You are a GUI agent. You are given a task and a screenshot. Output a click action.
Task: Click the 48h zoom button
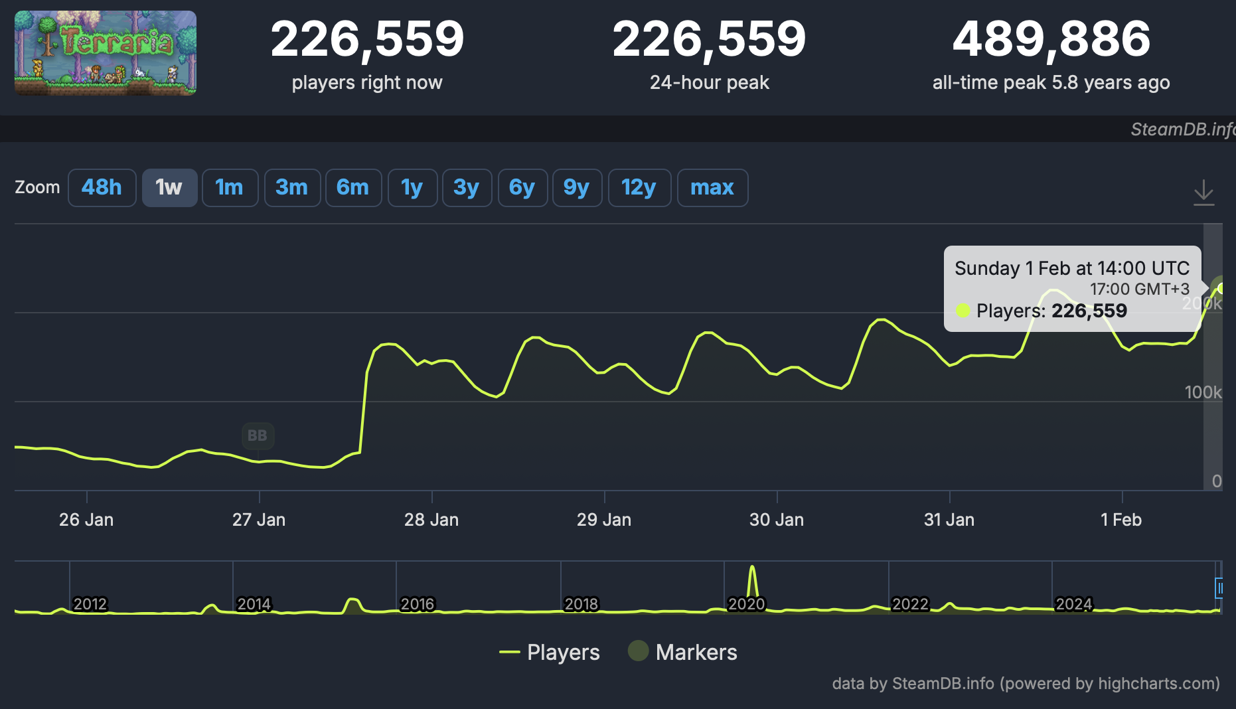tap(102, 188)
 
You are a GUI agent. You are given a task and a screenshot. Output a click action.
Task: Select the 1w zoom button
tap(169, 188)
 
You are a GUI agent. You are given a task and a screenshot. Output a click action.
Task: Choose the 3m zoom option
tap(292, 188)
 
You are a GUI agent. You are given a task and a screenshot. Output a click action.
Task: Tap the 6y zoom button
tap(522, 188)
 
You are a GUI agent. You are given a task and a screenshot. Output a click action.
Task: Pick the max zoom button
tap(712, 188)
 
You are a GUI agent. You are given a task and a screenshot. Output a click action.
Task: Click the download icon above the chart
tap(1203, 193)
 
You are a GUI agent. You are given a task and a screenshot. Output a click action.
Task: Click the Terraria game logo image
tap(106, 53)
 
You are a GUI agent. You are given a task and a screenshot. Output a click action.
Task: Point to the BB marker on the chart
tap(258, 435)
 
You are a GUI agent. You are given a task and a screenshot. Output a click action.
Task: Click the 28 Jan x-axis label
tap(431, 520)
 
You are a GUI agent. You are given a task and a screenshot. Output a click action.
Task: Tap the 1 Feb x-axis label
tap(1121, 520)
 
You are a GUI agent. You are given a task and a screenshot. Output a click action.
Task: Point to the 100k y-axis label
tap(1203, 392)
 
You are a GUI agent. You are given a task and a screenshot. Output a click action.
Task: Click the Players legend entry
tap(550, 652)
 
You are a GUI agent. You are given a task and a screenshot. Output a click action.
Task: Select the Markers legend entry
tap(683, 652)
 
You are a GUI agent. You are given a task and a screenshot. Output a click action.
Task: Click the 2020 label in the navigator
tap(747, 604)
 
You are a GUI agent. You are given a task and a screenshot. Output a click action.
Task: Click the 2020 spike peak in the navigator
tap(752, 568)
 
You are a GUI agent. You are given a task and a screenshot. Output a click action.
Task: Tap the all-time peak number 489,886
tap(1051, 39)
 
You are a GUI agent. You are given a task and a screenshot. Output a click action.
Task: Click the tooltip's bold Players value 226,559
tap(1089, 311)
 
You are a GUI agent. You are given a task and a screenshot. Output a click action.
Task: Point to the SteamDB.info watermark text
tap(1182, 129)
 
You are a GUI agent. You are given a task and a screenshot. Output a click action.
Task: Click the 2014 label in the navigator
tap(254, 604)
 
